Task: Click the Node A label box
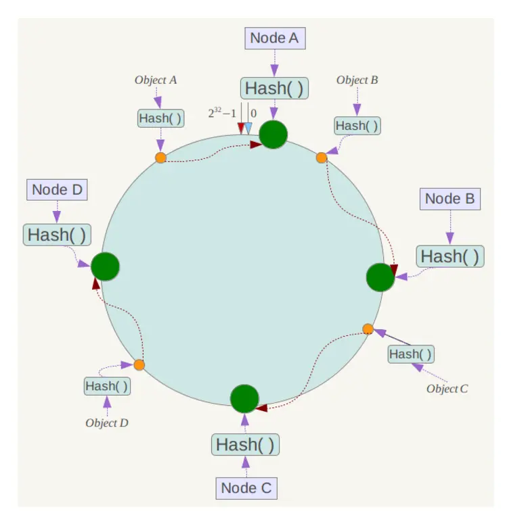tap(274, 38)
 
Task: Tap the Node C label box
tap(247, 487)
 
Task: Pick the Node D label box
tap(57, 190)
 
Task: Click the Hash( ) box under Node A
tap(273, 88)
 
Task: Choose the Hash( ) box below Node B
tap(450, 256)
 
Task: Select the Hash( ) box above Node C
tap(246, 445)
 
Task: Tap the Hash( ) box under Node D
tap(57, 235)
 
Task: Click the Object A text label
tap(156, 80)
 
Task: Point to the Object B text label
tap(357, 80)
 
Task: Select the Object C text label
tap(447, 389)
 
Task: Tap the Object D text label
tap(107, 423)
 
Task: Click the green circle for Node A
tap(273, 134)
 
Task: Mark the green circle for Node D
tap(105, 266)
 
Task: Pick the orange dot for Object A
tap(160, 158)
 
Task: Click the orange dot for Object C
tap(368, 329)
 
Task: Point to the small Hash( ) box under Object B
tap(357, 125)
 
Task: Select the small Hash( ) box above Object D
tap(107, 387)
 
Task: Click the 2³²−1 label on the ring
tap(222, 114)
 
